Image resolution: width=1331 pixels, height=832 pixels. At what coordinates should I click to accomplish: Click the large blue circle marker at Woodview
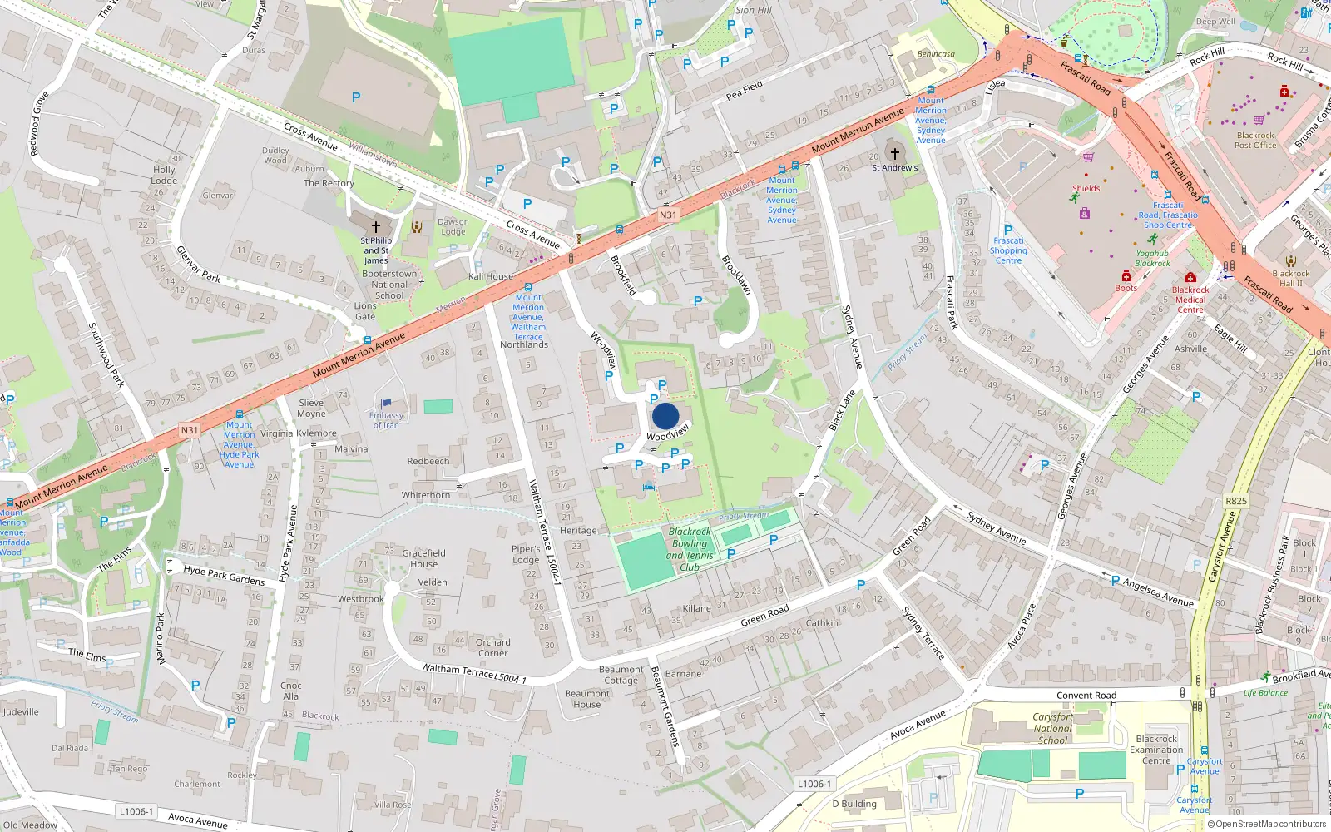pos(665,416)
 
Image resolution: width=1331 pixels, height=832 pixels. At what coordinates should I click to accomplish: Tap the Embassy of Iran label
pos(386,420)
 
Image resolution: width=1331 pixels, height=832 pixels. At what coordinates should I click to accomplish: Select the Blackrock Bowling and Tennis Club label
pos(690,549)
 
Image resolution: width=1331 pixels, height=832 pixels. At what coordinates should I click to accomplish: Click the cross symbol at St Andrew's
pos(895,154)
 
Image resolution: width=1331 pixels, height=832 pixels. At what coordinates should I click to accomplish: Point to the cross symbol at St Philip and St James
pos(376,226)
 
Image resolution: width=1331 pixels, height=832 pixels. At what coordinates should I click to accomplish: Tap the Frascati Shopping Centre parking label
pos(1008,250)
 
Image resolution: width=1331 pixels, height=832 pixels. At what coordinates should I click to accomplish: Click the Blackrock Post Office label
pos(1254,140)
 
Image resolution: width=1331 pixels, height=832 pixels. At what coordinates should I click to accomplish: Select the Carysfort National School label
pos(1052,728)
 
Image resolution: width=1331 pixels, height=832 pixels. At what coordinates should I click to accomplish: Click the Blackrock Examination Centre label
pos(1155,750)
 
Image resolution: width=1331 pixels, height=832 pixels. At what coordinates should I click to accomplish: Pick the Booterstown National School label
pos(389,285)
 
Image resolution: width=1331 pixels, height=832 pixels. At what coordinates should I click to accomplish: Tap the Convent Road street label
pos(1086,696)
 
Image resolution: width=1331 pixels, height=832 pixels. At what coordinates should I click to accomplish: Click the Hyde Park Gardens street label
pos(224,575)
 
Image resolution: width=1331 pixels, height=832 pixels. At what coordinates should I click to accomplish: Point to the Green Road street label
pos(764,616)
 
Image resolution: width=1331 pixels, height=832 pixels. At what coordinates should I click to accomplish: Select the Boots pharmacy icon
pos(1126,275)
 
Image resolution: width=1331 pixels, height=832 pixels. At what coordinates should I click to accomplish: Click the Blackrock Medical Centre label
pos(1190,300)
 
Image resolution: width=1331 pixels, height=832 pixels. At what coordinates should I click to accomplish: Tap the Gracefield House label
pos(423,558)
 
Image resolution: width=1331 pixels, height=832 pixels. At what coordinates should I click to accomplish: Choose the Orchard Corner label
pos(492,647)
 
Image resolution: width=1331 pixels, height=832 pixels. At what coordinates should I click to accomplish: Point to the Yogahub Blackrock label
pos(1152,258)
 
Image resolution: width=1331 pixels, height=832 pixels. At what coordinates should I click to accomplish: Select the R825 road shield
pos(1236,501)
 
